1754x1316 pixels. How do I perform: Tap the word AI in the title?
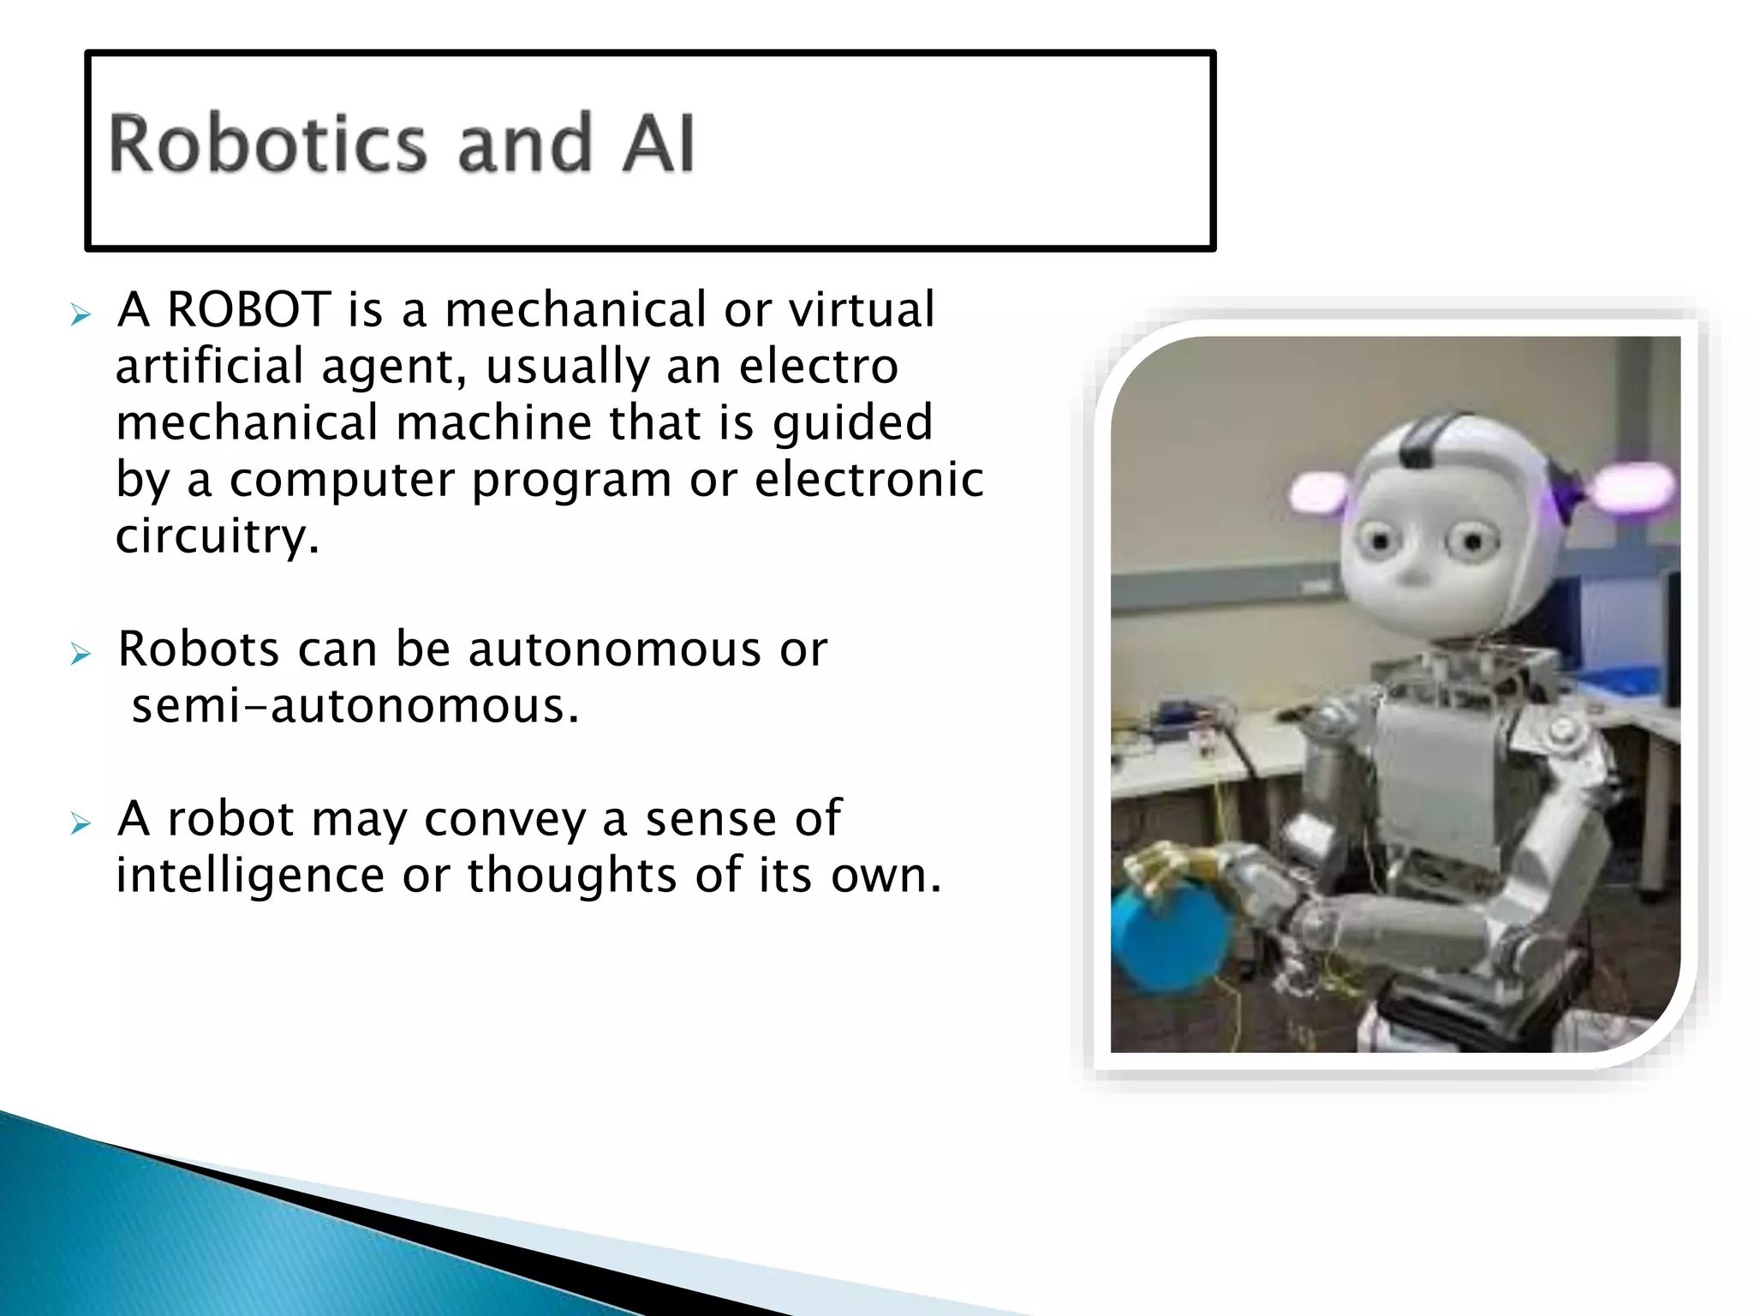tap(658, 144)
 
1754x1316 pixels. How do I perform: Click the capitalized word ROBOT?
tap(248, 309)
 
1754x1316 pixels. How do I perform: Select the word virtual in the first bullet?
tap(861, 309)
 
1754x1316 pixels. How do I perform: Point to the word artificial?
tap(210, 366)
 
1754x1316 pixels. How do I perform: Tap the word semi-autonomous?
tap(355, 707)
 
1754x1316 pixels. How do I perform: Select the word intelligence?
tap(250, 876)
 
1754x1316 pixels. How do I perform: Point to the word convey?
tap(504, 820)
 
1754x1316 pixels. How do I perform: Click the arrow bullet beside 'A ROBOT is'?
tap(81, 314)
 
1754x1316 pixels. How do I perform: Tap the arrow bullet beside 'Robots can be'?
tap(81, 655)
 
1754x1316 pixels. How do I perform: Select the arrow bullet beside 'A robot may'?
tap(81, 824)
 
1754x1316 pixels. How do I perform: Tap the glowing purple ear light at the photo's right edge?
tap(1632, 487)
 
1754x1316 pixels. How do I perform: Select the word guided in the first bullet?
tap(852, 423)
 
